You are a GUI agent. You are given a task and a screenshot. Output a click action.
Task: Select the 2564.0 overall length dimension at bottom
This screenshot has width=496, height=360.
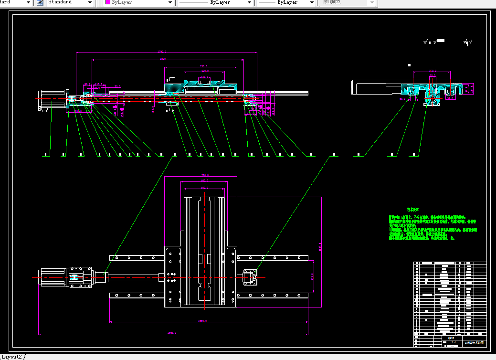pyautogui.click(x=172, y=333)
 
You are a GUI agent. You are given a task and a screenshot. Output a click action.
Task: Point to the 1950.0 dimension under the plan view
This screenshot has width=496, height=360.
pyautogui.click(x=202, y=321)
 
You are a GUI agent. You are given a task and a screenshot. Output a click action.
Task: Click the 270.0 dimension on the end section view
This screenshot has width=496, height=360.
pyautogui.click(x=433, y=70)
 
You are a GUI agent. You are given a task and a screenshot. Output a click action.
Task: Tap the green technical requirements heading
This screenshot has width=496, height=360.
pyautogui.click(x=412, y=210)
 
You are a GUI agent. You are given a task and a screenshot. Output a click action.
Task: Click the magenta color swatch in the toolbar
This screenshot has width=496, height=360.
pyautogui.click(x=107, y=2)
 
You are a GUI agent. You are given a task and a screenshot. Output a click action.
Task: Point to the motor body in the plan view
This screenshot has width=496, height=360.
pyautogui.click(x=53, y=277)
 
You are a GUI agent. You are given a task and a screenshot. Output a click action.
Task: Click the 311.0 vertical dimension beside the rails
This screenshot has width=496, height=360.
pyautogui.click(x=312, y=277)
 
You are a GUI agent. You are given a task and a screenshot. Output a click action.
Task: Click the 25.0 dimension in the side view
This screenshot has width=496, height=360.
pyautogui.click(x=117, y=87)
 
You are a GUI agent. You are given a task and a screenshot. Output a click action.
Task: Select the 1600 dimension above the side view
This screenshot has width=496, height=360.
pyautogui.click(x=163, y=59)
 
